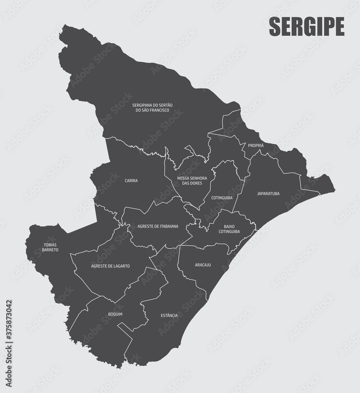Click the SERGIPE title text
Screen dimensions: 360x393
306,27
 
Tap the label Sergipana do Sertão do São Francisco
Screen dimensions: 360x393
152,108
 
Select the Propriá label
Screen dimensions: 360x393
256,145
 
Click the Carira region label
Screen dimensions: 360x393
131,181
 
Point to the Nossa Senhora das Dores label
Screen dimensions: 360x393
192,181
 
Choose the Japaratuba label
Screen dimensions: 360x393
269,193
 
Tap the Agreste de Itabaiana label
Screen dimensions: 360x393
158,226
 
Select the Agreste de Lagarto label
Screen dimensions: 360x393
110,266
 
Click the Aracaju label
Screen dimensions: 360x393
203,265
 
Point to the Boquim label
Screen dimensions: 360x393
115,314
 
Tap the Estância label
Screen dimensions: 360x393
169,316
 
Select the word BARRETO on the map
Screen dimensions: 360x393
51,250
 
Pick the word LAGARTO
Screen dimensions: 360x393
120,266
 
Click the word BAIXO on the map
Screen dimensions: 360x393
229,226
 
